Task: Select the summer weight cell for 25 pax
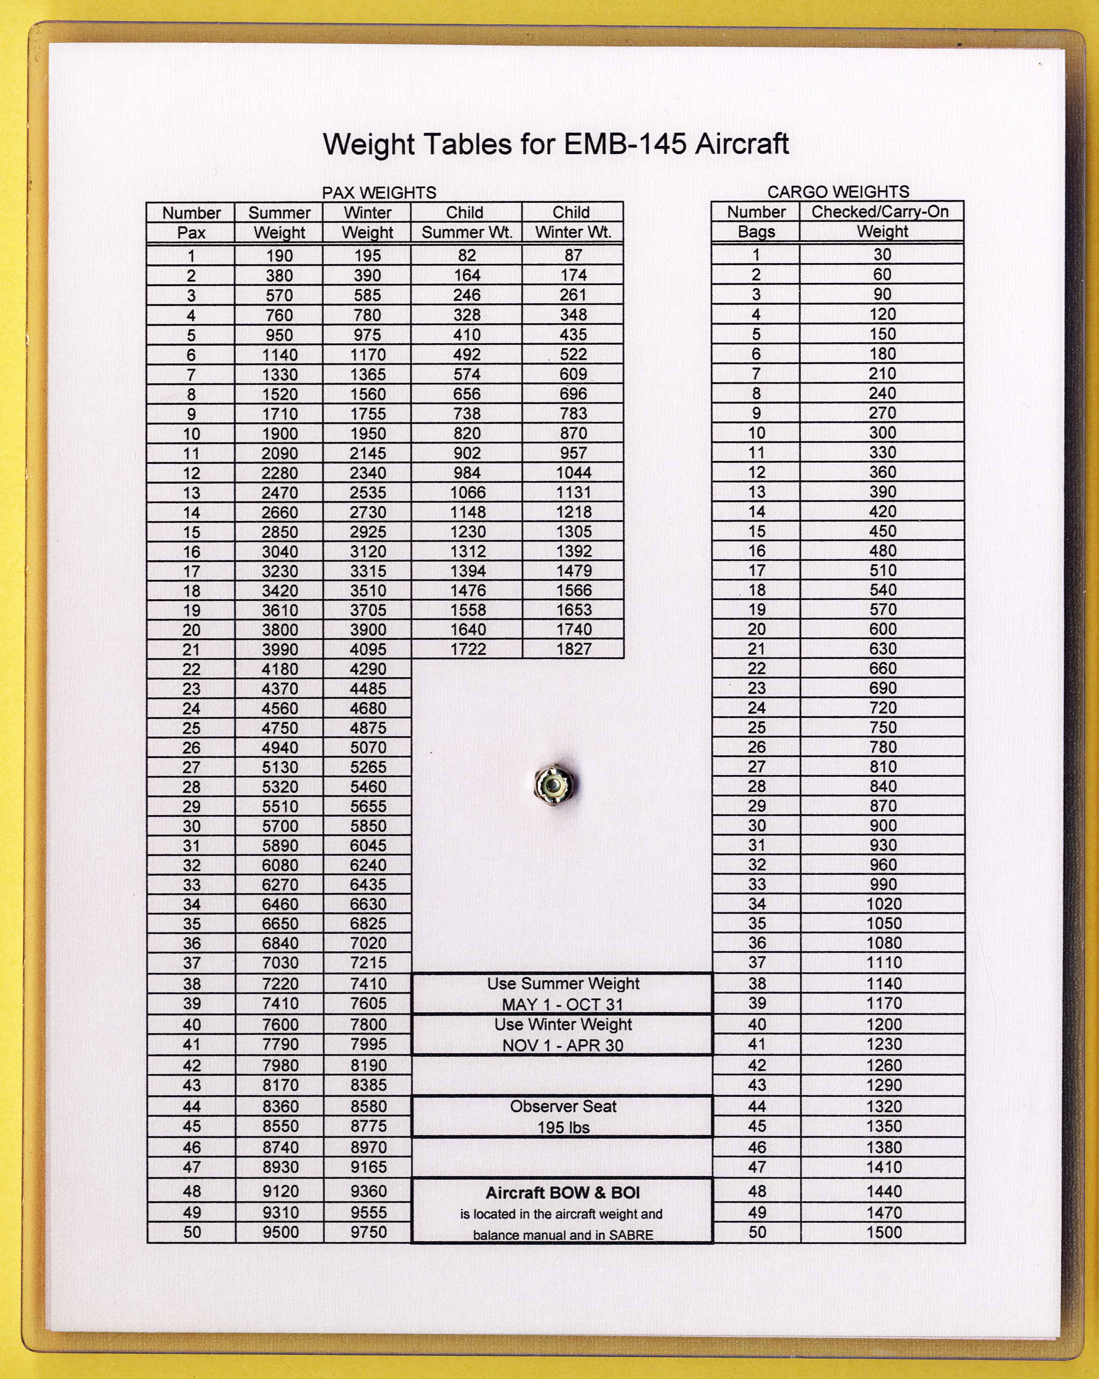pos(280,728)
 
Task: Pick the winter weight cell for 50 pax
pos(368,1232)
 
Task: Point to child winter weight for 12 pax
pos(573,473)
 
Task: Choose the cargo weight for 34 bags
pos(883,904)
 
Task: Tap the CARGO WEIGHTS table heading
pos(838,192)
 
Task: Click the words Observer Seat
pos(562,1107)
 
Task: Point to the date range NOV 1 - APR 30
pos(562,1045)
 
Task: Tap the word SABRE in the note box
pos(631,1235)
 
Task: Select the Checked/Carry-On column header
pos(880,212)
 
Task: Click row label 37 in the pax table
pos(192,963)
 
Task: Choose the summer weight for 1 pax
pos(280,256)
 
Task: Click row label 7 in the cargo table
pos(757,374)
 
